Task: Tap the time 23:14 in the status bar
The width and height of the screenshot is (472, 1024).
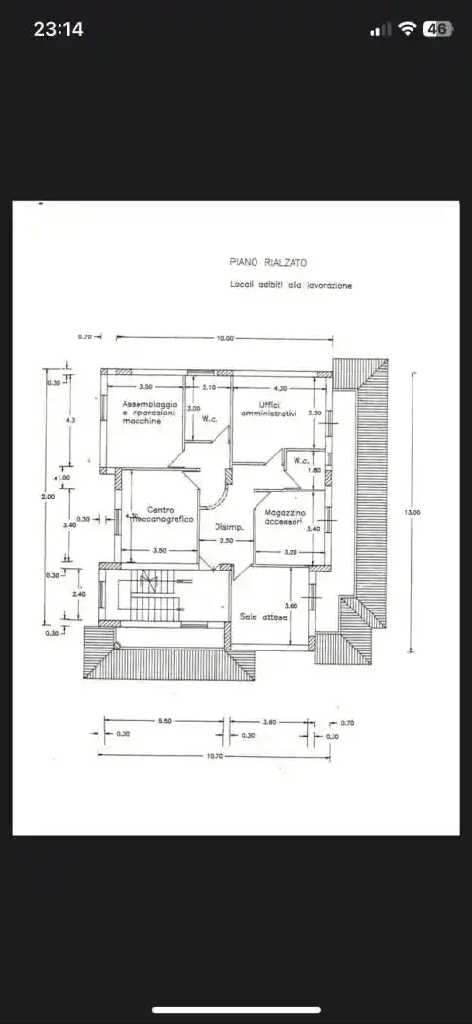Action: click(59, 29)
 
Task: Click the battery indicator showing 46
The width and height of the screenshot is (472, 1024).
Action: click(437, 29)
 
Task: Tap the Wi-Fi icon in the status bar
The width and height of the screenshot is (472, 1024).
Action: click(407, 29)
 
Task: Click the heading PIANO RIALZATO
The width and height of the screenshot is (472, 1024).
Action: click(266, 262)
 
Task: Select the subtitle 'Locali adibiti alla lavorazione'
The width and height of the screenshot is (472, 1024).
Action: click(285, 285)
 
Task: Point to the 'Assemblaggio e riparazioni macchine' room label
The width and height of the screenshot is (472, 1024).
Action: click(149, 413)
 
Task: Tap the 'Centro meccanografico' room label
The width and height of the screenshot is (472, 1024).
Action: click(161, 514)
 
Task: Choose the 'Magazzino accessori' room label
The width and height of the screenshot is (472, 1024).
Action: click(285, 517)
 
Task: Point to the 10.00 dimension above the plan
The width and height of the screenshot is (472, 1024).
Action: click(225, 338)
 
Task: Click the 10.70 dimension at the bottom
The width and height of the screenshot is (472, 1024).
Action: click(212, 756)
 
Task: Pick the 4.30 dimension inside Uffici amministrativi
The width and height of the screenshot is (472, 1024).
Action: click(280, 388)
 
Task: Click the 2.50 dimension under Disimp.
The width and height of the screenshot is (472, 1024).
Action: click(225, 540)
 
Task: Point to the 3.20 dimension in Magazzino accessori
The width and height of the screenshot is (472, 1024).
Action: click(290, 552)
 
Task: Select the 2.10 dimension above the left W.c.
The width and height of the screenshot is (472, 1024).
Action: click(208, 388)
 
